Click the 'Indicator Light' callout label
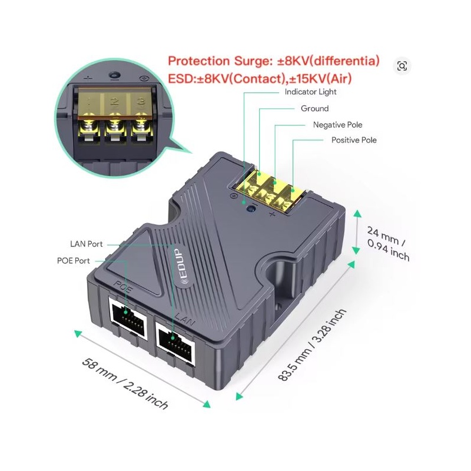click(x=311, y=92)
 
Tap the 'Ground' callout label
click(x=315, y=108)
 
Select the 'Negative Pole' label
click(x=337, y=125)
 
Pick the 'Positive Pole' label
click(x=354, y=140)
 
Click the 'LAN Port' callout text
click(x=87, y=244)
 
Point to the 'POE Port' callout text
click(x=73, y=261)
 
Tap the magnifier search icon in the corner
click(x=402, y=66)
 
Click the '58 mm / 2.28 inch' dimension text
click(x=125, y=384)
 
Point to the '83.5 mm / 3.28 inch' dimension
click(x=313, y=345)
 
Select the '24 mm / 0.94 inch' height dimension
click(x=388, y=244)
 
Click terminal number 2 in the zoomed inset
click(x=114, y=101)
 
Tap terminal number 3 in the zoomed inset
click(x=141, y=101)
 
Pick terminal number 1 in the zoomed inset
click(x=89, y=101)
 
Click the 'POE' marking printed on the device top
click(x=123, y=287)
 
